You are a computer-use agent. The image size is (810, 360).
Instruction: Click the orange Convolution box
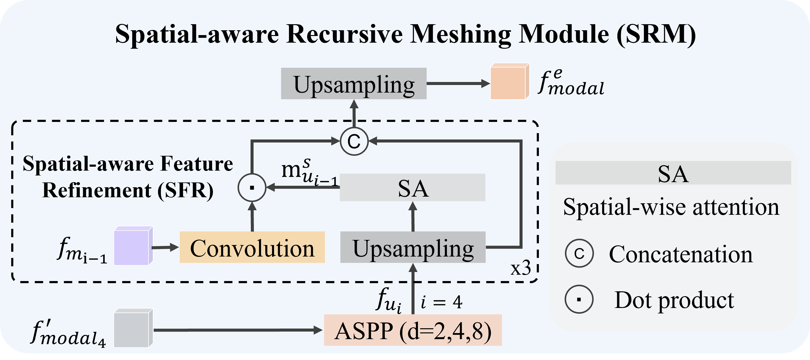pos(252,247)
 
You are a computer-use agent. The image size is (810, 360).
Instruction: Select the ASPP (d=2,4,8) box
pos(412,330)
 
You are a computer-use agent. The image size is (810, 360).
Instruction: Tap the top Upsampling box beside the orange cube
pos(353,83)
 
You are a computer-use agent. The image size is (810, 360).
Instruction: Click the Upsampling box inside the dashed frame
pos(412,247)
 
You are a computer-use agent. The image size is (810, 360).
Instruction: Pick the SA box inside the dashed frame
pos(412,187)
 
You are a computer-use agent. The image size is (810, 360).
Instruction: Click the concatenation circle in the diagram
pos(354,142)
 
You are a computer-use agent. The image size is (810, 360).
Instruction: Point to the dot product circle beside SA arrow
pos(252,188)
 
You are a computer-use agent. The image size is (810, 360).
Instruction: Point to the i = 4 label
pos(441,303)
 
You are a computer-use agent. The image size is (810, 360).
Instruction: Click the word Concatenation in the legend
pos(681,254)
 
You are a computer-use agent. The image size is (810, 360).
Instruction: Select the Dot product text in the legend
pos(674,300)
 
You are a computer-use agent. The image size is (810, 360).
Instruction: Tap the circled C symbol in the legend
pos(579,254)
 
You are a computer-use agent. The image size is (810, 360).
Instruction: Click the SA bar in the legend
pos(673,173)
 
